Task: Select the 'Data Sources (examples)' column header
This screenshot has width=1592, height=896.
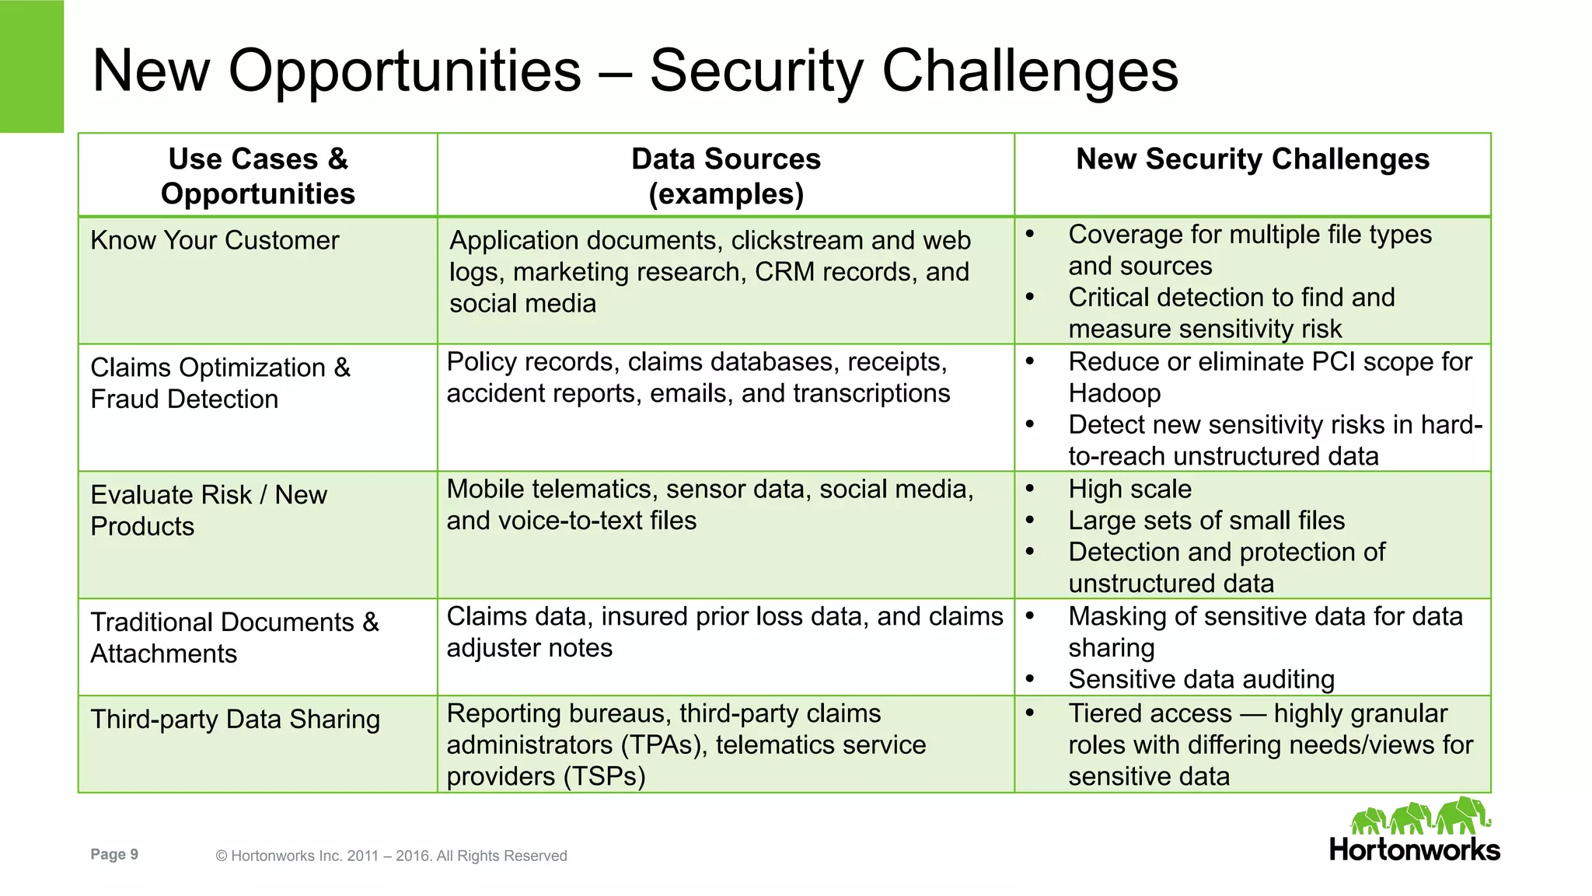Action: click(x=725, y=176)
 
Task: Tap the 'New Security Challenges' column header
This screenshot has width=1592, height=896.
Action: click(x=1252, y=159)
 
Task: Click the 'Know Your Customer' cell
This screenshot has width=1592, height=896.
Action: click(x=215, y=241)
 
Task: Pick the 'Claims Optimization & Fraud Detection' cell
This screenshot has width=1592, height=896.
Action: click(x=220, y=383)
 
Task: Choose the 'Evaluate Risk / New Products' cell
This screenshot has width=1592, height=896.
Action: click(x=208, y=511)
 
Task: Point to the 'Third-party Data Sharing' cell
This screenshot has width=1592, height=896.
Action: click(x=235, y=720)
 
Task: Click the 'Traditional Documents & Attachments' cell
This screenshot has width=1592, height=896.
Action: click(x=234, y=638)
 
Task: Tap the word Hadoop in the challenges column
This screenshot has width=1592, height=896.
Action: click(x=1114, y=393)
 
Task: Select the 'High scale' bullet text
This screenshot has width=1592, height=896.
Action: click(x=1129, y=489)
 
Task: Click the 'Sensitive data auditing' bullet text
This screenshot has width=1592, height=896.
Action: click(x=1201, y=679)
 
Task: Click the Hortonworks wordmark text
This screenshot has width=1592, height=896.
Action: click(x=1414, y=849)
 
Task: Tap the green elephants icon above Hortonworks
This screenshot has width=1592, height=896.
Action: click(x=1419, y=816)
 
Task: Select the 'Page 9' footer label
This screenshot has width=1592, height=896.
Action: click(x=114, y=855)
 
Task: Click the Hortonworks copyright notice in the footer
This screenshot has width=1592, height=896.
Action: click(x=391, y=856)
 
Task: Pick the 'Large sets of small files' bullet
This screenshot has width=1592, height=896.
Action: click(x=1206, y=521)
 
